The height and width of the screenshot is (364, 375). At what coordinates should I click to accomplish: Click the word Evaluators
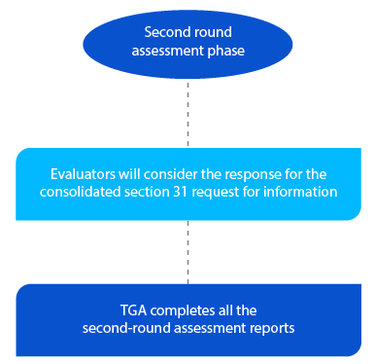coord(85,174)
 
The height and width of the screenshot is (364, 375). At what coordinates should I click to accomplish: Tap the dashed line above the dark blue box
coord(188,253)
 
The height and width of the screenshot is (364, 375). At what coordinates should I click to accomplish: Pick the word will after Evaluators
coord(132,174)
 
